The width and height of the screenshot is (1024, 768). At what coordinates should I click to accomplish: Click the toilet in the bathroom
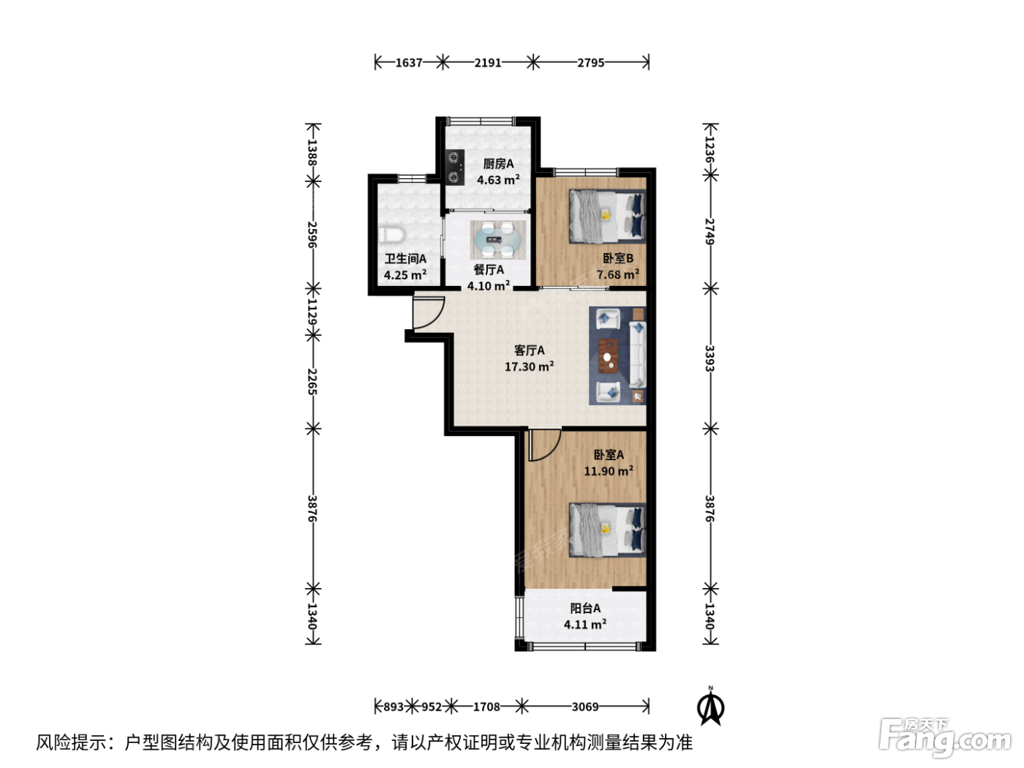pyautogui.click(x=391, y=235)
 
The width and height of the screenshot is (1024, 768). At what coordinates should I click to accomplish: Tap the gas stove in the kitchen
pyautogui.click(x=454, y=167)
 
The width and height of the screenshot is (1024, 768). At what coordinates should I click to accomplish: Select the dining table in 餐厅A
pyautogui.click(x=498, y=240)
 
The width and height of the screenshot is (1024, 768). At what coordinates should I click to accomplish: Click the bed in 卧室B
pyautogui.click(x=607, y=217)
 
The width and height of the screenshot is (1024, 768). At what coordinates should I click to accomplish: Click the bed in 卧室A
pyautogui.click(x=607, y=530)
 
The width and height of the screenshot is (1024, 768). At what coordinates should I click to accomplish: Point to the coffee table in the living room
pyautogui.click(x=609, y=356)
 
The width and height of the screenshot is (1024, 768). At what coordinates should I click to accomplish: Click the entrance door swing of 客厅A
pyautogui.click(x=428, y=312)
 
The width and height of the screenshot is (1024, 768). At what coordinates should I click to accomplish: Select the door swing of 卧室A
pyautogui.click(x=544, y=445)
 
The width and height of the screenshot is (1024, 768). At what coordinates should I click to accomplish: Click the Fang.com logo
pyautogui.click(x=945, y=738)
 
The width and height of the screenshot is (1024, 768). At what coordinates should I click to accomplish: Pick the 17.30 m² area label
pyautogui.click(x=529, y=366)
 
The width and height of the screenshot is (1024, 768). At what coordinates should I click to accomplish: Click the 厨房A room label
pyautogui.click(x=498, y=164)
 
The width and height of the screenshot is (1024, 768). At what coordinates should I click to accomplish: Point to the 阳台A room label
pyautogui.click(x=585, y=608)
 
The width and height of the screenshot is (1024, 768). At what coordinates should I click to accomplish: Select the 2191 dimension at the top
pyautogui.click(x=488, y=62)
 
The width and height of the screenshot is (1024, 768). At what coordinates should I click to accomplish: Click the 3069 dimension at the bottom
pyautogui.click(x=585, y=707)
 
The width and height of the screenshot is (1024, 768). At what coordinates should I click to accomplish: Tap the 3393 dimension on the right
pyautogui.click(x=709, y=358)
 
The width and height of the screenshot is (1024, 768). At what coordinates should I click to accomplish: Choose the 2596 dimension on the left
pyautogui.click(x=312, y=235)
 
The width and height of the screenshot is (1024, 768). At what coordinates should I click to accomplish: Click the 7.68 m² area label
pyautogui.click(x=618, y=274)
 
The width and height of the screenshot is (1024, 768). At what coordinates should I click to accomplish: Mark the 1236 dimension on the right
pyautogui.click(x=709, y=149)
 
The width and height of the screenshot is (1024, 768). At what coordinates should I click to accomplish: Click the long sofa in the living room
pyautogui.click(x=638, y=355)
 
